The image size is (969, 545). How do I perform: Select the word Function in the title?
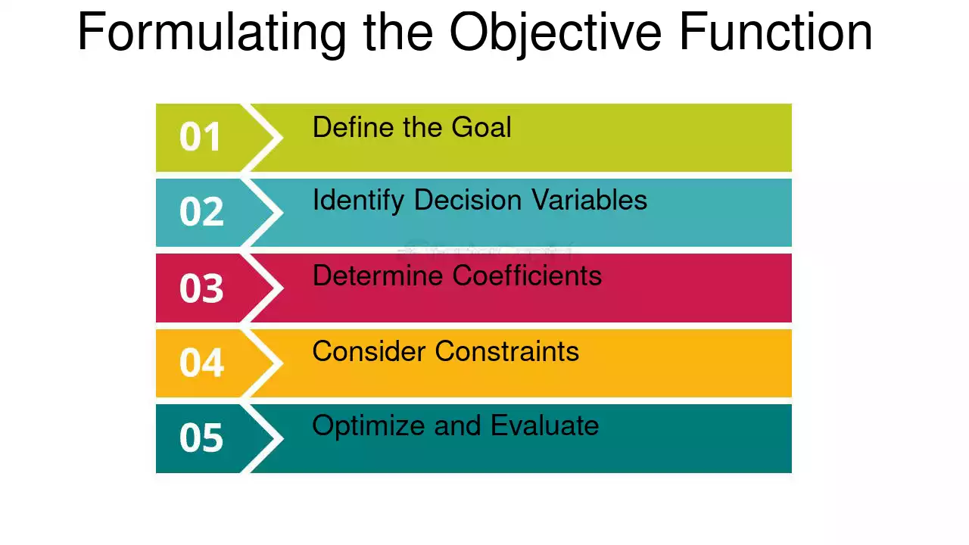776,32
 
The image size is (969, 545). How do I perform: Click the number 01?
201,137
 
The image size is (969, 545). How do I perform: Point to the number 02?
201,211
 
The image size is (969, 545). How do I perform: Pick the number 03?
201,288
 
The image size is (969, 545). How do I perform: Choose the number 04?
201,363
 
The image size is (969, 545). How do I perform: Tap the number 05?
201,438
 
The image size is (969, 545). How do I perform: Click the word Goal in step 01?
481,127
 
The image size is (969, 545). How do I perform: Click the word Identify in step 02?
358,201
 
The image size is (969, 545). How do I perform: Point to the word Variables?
589,200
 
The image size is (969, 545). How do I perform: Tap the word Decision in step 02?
468,200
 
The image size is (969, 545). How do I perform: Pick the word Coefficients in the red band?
527,275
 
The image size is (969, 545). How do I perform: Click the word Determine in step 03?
378,275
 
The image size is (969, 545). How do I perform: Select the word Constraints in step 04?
507,350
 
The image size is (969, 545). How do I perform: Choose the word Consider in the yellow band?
369,350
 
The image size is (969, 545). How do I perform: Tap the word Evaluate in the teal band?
545,425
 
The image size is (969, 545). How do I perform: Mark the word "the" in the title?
398,32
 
